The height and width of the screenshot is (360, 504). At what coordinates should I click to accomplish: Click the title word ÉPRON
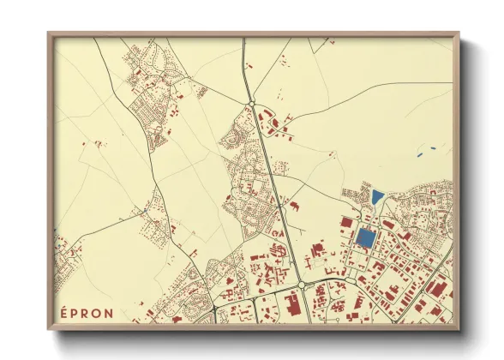[x=86, y=312]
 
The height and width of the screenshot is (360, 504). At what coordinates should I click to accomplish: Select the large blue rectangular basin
[x=365, y=238]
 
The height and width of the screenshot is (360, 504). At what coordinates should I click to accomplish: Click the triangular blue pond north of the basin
[x=377, y=196]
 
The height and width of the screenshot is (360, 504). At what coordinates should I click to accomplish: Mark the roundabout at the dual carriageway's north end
[x=252, y=105]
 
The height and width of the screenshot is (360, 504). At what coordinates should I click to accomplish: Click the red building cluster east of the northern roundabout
[x=278, y=129]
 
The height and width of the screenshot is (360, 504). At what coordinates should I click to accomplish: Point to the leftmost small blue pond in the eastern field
[x=418, y=155]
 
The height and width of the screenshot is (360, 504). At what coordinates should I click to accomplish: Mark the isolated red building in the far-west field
[x=83, y=143]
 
